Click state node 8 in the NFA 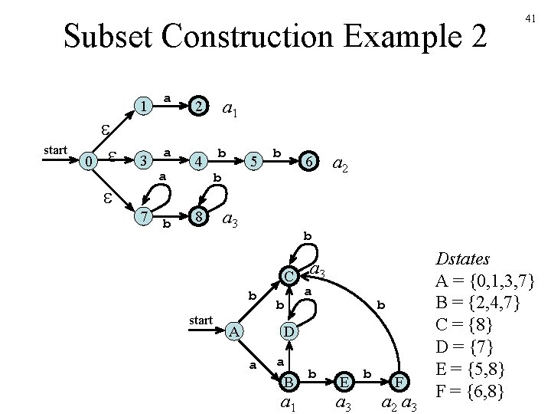tap(198, 217)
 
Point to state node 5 tap(255, 161)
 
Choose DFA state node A tap(236, 331)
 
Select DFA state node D tap(289, 331)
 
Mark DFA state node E tap(344, 380)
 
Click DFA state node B tap(289, 380)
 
